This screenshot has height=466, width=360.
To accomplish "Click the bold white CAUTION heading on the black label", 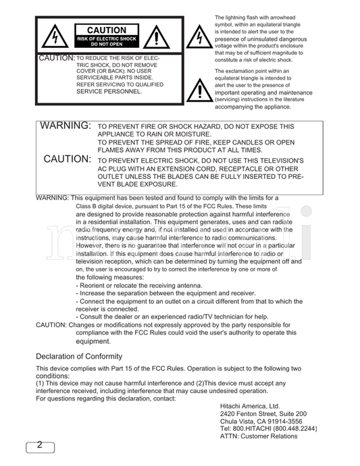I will pyautogui.click(x=107, y=30).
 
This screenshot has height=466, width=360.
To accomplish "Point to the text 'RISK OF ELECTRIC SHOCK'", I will pyautogui.click(x=107, y=38).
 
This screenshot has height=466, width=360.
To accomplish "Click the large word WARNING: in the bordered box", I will pyautogui.click(x=66, y=126).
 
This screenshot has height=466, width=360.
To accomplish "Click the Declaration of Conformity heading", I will pyautogui.click(x=79, y=356).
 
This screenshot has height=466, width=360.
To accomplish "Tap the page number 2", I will pyautogui.click(x=40, y=445).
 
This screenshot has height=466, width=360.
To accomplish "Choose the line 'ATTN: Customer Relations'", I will pyautogui.click(x=259, y=436).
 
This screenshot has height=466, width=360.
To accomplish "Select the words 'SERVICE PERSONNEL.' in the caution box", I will pyautogui.click(x=109, y=91).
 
